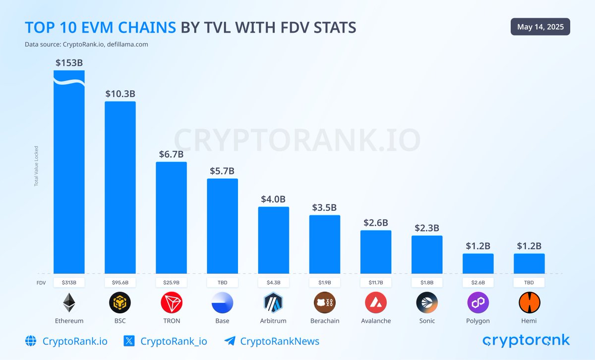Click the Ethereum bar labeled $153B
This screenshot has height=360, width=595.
(69, 174)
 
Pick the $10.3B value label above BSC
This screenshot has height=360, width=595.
(120, 93)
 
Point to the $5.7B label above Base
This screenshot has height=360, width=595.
(222, 171)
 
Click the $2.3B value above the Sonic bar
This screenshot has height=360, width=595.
(427, 228)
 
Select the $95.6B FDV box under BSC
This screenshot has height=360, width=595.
(120, 283)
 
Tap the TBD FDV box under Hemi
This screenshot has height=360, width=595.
(529, 283)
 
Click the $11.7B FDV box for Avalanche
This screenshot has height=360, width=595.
(376, 283)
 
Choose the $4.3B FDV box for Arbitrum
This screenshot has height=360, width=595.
(273, 283)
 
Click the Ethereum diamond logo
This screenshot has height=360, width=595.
(69, 302)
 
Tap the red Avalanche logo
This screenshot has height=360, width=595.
(376, 302)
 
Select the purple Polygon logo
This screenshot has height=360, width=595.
(478, 302)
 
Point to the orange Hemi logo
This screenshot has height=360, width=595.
(529, 302)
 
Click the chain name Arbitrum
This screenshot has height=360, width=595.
(273, 321)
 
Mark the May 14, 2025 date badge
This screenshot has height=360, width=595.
(540, 27)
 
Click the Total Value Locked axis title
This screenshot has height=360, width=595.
(36, 166)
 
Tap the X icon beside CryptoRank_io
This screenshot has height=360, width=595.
(128, 341)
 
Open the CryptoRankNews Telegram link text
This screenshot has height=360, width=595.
(280, 341)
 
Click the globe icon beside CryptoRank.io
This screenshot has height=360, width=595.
(31, 341)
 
